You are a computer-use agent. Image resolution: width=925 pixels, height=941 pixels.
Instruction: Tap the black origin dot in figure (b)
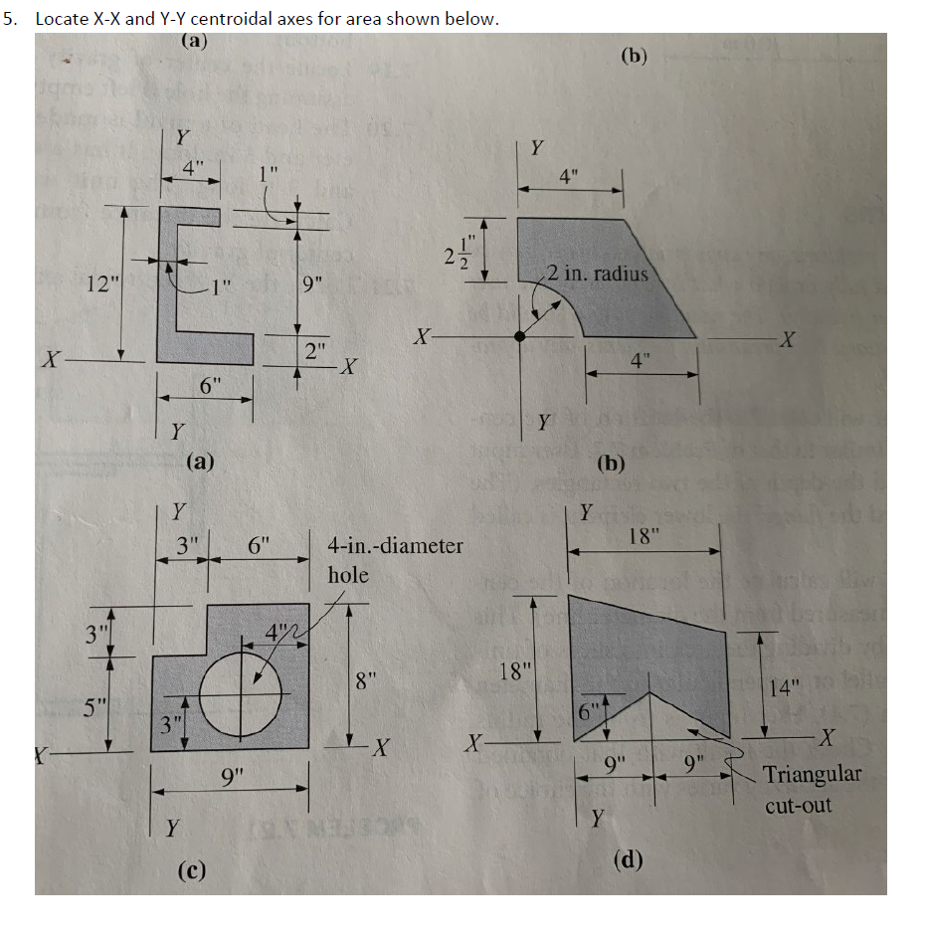coord(519,337)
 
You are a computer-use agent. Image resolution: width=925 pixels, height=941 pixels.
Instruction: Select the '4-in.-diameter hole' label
coord(394,559)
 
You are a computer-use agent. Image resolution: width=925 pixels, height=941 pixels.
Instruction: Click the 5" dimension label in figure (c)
coord(94,707)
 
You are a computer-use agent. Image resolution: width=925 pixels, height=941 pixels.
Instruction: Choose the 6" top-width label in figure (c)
coord(260,546)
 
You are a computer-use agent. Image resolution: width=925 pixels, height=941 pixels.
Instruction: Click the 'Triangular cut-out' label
coord(812,789)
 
